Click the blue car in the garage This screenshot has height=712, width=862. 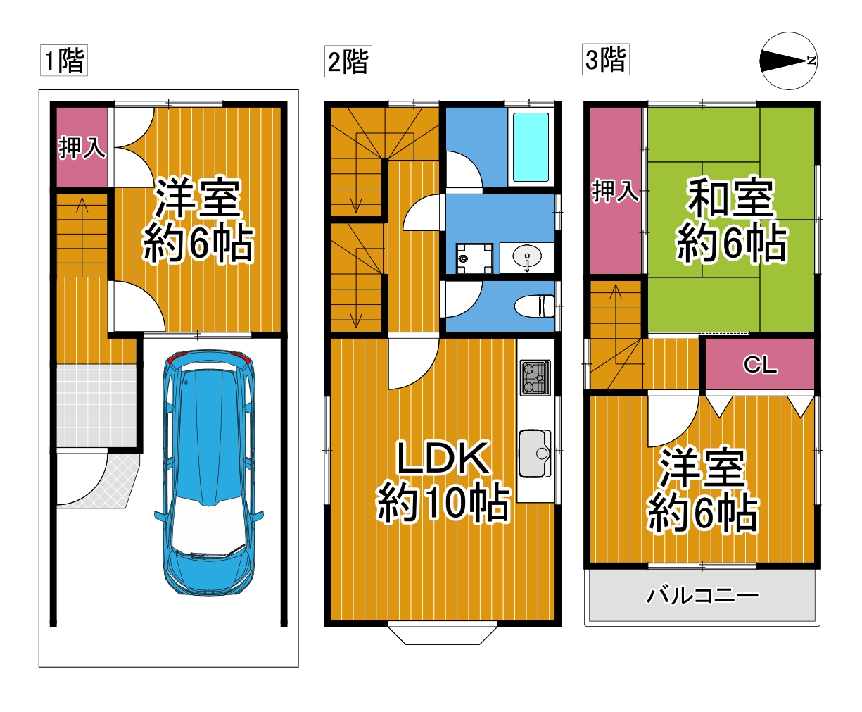[x=208, y=473]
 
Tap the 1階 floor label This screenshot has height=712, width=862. [x=64, y=61]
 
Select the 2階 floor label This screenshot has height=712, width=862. [x=348, y=61]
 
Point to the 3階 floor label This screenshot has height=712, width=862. [x=606, y=59]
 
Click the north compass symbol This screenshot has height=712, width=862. [x=789, y=61]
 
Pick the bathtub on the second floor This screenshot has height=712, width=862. [x=531, y=147]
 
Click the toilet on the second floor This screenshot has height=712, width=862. [x=535, y=306]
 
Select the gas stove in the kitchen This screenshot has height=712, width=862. [x=535, y=377]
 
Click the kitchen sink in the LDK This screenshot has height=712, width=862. [x=535, y=454]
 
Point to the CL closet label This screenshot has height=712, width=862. [x=760, y=365]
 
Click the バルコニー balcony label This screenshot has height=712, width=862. [x=702, y=596]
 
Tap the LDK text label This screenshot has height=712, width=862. [x=443, y=458]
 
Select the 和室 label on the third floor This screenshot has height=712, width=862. [x=730, y=198]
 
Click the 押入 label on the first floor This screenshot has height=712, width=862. [x=82, y=147]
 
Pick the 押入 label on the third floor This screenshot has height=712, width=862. [x=616, y=191]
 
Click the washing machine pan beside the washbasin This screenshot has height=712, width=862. [x=474, y=258]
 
